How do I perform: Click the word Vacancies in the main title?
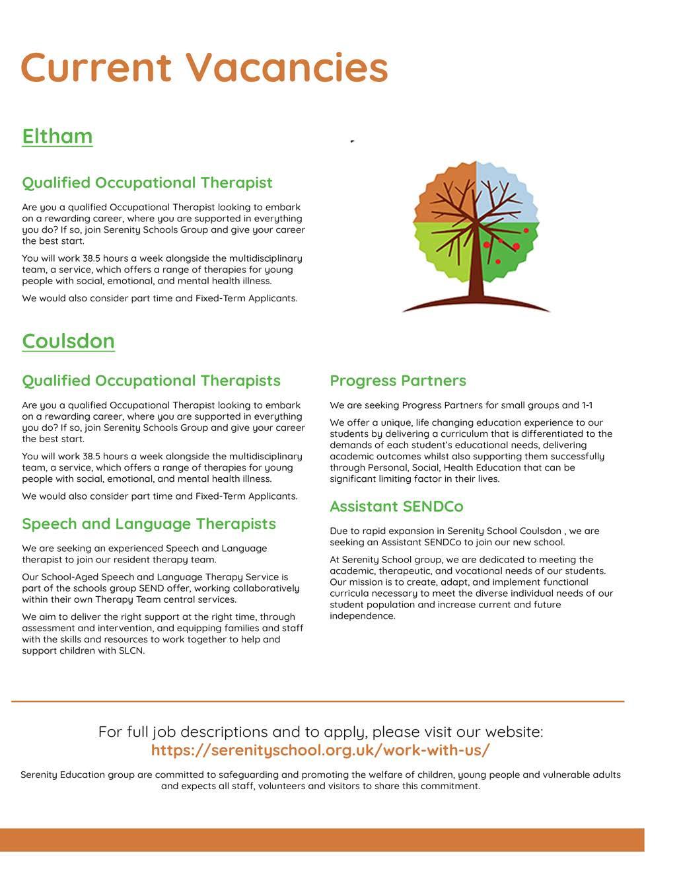(286, 67)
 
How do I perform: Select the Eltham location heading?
(57, 136)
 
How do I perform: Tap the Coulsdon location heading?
(69, 341)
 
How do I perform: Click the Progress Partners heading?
(398, 381)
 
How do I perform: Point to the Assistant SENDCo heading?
(396, 507)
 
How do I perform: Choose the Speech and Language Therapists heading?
(149, 524)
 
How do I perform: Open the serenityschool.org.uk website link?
(320, 750)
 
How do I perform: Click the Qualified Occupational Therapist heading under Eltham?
(147, 183)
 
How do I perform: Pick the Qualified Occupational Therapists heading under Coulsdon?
(151, 381)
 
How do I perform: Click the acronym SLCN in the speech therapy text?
(129, 651)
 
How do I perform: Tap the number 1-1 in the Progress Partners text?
(587, 406)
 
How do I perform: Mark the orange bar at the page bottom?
(322, 840)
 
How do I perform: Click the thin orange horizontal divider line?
(317, 701)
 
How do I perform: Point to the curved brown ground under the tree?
(476, 304)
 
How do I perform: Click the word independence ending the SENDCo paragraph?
(362, 617)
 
